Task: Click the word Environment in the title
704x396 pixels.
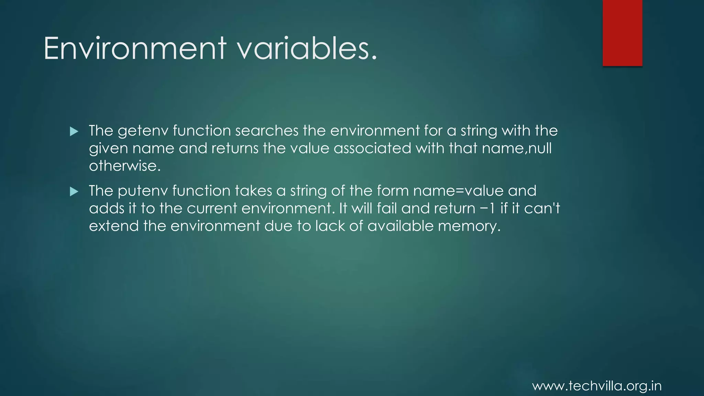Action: (x=135, y=48)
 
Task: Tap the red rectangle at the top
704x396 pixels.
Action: (x=622, y=33)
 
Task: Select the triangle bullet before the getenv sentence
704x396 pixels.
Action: (x=74, y=131)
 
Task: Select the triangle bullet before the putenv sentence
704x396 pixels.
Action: (x=74, y=191)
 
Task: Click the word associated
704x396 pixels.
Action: (x=372, y=148)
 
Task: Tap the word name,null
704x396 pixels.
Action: (x=517, y=148)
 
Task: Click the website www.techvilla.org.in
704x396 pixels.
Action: (x=597, y=386)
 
